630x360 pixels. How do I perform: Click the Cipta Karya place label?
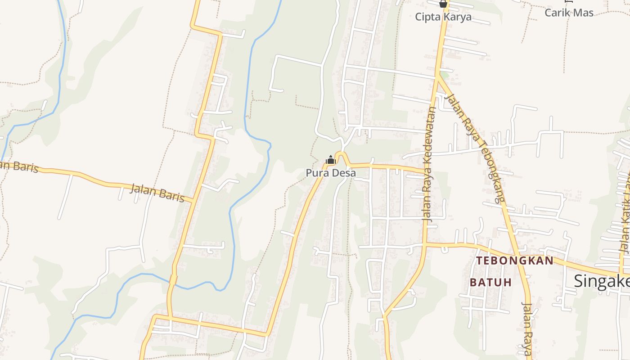point(443,17)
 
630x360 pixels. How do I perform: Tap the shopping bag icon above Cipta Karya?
point(443,4)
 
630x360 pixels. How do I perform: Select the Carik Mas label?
point(569,13)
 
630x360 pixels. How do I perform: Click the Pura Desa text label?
point(331,173)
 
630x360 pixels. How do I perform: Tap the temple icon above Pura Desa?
point(331,160)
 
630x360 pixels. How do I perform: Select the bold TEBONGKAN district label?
point(515,261)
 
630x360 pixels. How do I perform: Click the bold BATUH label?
point(491,282)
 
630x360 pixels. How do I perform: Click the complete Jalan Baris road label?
point(157,193)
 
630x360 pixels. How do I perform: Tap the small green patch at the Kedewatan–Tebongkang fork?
point(445,74)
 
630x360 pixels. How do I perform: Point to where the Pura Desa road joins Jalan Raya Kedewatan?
point(425,172)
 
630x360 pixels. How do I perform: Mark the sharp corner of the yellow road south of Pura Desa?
point(266,335)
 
